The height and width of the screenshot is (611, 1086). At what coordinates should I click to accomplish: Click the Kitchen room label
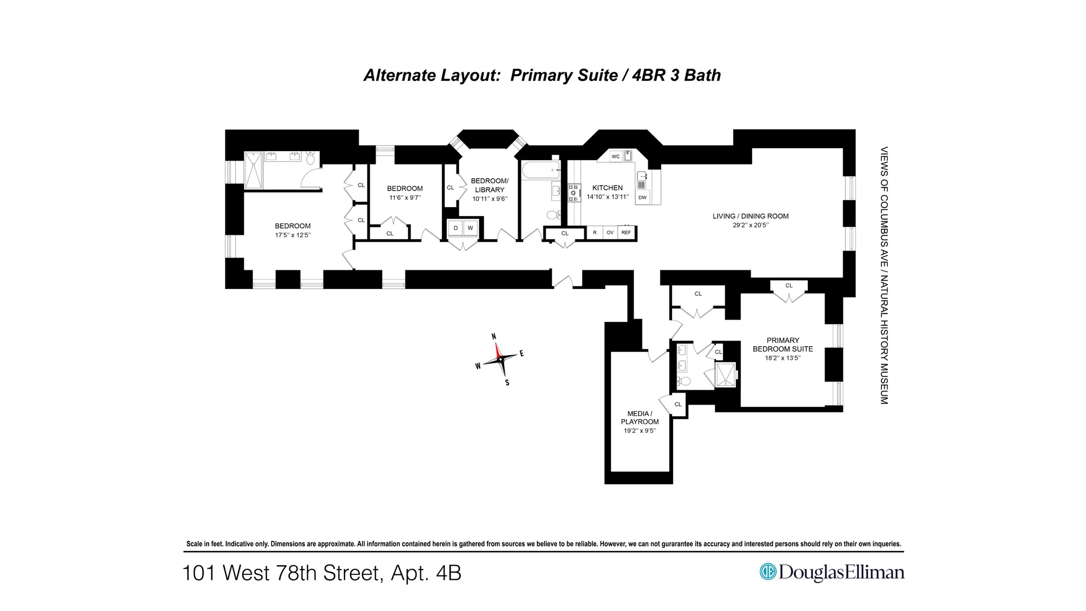point(607,188)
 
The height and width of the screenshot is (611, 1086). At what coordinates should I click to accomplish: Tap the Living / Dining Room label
point(750,216)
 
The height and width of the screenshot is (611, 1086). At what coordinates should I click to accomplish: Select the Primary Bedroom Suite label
point(783,345)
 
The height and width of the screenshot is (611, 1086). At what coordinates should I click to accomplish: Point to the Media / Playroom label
point(640,418)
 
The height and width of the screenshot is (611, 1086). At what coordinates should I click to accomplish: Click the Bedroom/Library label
point(489,185)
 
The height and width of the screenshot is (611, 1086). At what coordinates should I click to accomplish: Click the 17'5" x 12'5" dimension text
point(292,235)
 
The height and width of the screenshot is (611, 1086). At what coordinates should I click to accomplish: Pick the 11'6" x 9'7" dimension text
point(404,198)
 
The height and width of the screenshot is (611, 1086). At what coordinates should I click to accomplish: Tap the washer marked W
point(470,228)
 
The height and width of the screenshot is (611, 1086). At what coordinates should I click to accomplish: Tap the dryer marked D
point(455,228)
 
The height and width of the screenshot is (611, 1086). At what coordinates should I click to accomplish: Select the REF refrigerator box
point(626,233)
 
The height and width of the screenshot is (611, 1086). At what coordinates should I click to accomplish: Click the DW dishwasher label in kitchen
point(642,197)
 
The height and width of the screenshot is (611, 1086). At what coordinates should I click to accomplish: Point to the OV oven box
point(610,233)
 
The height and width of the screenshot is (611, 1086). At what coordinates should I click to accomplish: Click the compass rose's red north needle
point(498,351)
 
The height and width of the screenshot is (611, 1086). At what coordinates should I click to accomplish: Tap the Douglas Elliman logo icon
point(768,572)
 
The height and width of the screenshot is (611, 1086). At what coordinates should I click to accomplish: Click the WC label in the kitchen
point(615,157)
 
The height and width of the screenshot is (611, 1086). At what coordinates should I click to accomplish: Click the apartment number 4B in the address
point(449,573)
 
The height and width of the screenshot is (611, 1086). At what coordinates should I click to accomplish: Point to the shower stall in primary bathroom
point(726,375)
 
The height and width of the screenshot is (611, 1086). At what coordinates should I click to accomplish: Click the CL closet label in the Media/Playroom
point(678,405)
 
